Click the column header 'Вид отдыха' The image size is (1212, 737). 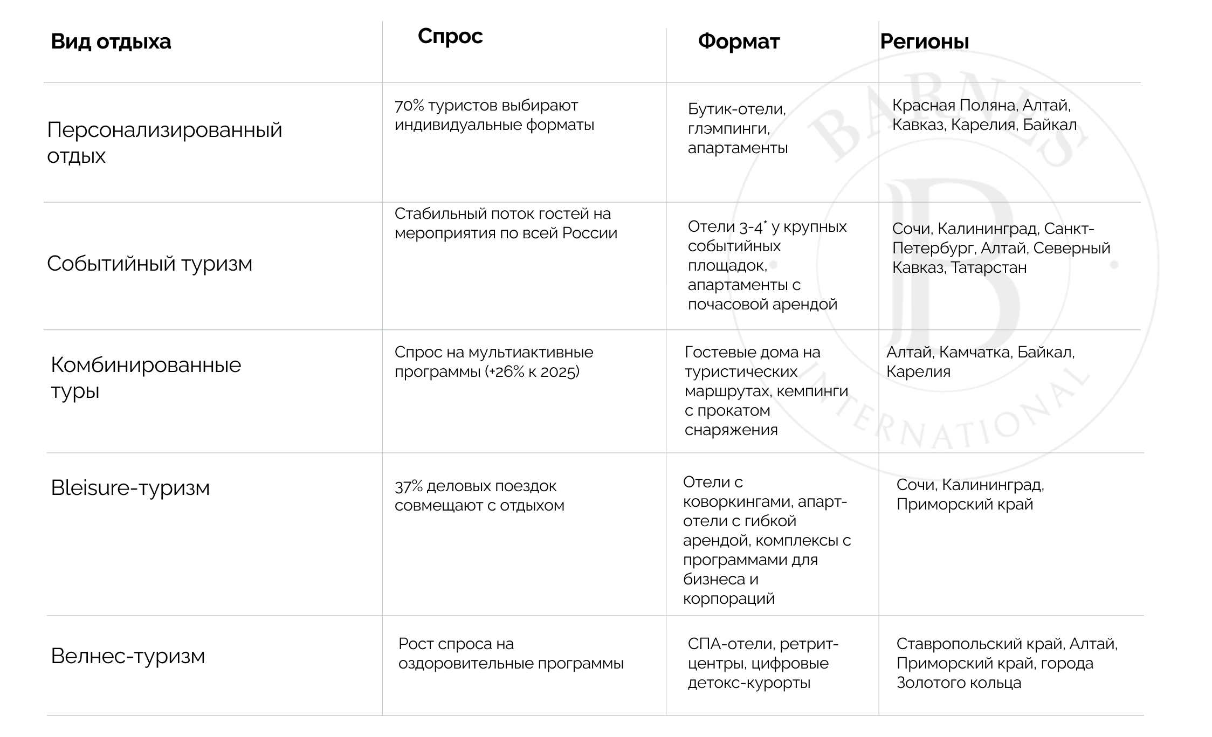click(111, 42)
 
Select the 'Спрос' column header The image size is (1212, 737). click(450, 36)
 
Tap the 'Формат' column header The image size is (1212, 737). click(739, 42)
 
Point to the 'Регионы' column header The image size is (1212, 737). click(924, 42)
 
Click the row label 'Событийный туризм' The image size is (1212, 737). click(149, 264)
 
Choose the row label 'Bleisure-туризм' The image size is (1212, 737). click(130, 487)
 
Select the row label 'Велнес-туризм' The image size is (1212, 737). click(128, 656)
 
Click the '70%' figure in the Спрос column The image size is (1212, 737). click(409, 106)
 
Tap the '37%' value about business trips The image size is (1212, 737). click(408, 486)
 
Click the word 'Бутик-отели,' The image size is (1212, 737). click(736, 109)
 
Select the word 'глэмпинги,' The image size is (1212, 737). click(728, 128)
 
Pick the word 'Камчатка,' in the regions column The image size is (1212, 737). click(974, 352)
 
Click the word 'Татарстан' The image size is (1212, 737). click(988, 267)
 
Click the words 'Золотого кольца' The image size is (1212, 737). click(959, 683)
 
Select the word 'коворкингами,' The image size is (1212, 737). click(737, 501)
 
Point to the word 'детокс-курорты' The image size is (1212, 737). click(749, 683)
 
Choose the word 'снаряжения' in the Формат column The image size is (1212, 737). click(731, 430)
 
